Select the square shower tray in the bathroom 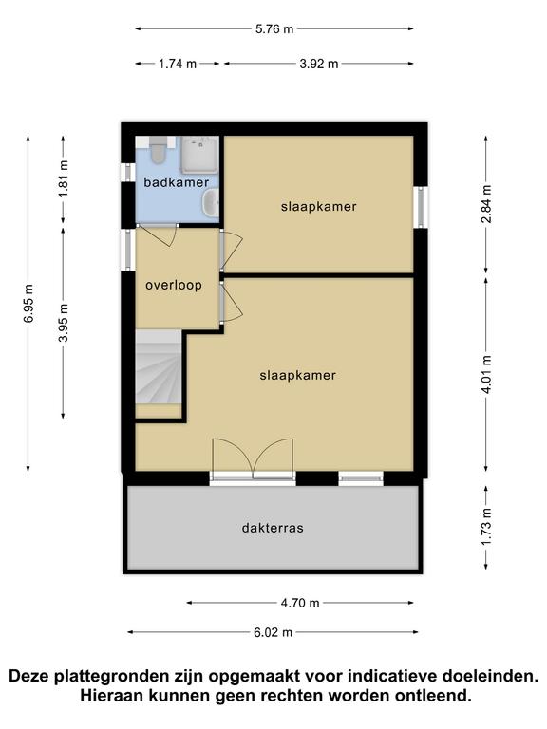click(199, 153)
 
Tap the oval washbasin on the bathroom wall click(213, 201)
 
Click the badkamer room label click(176, 181)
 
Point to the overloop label click(173, 285)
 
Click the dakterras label click(273, 528)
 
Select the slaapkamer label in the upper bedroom click(318, 206)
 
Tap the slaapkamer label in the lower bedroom click(297, 375)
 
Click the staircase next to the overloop click(159, 371)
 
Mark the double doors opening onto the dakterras click(253, 459)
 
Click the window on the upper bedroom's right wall click(418, 206)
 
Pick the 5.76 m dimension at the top click(274, 28)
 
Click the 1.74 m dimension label click(178, 64)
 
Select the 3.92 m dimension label click(318, 64)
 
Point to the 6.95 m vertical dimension click(28, 304)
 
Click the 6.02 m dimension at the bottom click(273, 633)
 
